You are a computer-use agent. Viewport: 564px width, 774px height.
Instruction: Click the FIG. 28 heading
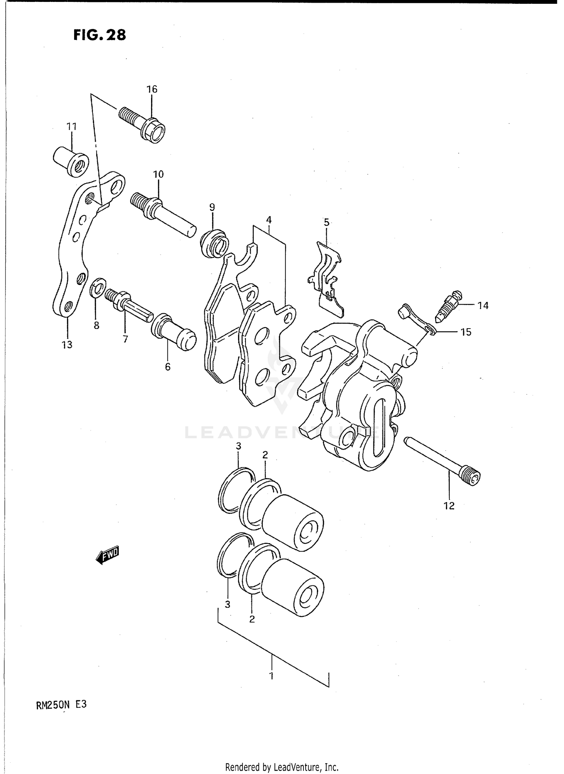pos(99,35)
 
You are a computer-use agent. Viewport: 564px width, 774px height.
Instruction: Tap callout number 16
pos(152,89)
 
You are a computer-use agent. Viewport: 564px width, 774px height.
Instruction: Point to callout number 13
pos(67,344)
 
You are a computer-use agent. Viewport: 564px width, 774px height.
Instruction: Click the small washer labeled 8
pos(98,287)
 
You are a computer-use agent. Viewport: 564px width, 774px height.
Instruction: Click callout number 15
pos(465,332)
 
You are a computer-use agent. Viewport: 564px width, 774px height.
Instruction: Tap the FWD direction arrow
pos(108,555)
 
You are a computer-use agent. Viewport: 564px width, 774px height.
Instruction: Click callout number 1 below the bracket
pos(271,676)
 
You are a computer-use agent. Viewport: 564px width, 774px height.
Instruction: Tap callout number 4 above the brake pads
pos(268,220)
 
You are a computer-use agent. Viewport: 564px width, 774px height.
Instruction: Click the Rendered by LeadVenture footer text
pos(282,767)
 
